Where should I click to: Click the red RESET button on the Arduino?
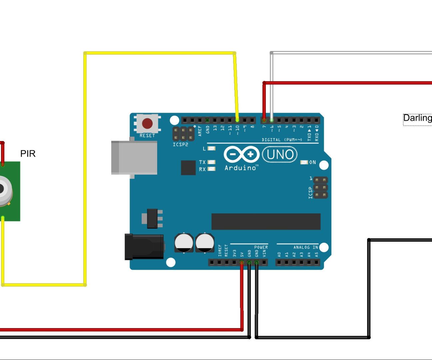(x=147, y=123)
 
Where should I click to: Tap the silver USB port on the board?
(x=134, y=157)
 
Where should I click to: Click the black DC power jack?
(x=144, y=247)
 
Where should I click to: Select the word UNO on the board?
(x=280, y=155)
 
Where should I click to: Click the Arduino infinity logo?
(x=241, y=154)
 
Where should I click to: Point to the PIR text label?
(x=28, y=154)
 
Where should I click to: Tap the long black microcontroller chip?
(x=266, y=222)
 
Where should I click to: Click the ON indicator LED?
(x=304, y=162)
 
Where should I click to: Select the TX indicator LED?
(x=212, y=162)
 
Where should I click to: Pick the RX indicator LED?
(x=212, y=169)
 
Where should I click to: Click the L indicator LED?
(x=212, y=148)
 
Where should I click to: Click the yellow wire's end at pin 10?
(x=237, y=120)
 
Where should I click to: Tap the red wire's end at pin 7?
(x=264, y=120)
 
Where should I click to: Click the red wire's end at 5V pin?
(x=242, y=263)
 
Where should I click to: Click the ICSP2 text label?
(x=180, y=145)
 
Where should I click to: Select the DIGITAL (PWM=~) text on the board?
(x=282, y=140)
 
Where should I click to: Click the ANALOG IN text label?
(x=305, y=247)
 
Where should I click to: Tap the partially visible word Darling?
(x=417, y=118)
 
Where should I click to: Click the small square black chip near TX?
(x=188, y=168)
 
